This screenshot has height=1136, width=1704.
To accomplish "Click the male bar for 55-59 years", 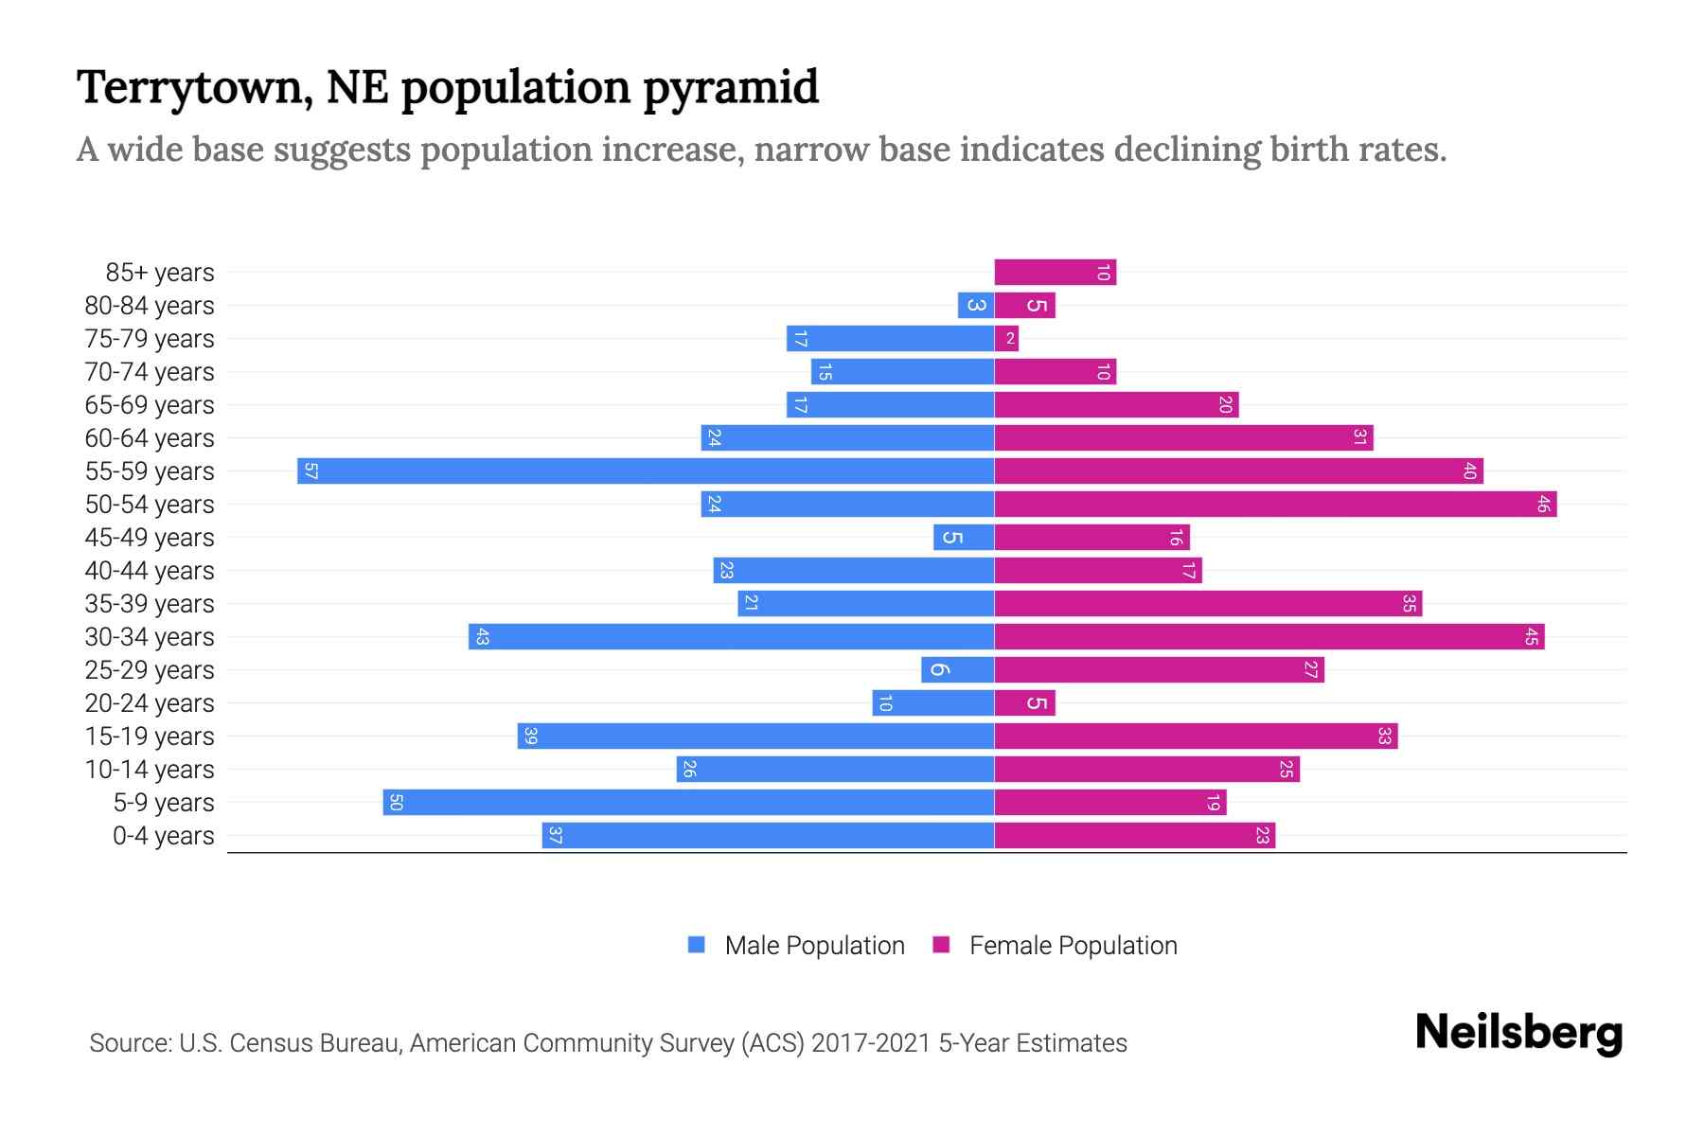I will click(646, 470).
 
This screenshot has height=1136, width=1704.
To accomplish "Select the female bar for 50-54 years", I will click(1275, 504).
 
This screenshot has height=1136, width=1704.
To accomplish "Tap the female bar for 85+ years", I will click(1055, 273).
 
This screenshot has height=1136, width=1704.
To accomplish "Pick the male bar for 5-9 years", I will click(688, 802).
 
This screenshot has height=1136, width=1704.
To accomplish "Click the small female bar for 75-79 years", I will click(1006, 339).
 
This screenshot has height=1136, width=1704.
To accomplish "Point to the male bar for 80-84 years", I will click(976, 306).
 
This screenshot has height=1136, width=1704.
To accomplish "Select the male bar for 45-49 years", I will click(964, 537).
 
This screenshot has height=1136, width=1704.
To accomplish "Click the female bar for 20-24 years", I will click(1024, 702).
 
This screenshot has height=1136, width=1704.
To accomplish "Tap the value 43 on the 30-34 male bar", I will click(482, 637).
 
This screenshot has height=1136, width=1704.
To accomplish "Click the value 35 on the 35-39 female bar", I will click(1409, 603).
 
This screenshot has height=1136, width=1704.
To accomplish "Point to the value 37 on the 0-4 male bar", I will click(556, 835).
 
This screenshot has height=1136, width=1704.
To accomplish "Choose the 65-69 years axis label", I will click(150, 405).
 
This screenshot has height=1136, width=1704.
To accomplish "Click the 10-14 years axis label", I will click(150, 770).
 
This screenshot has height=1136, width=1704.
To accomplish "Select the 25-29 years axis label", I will click(150, 670).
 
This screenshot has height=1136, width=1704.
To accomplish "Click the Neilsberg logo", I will click(1518, 1033).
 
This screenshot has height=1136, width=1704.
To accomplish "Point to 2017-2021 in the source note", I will click(870, 1043).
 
